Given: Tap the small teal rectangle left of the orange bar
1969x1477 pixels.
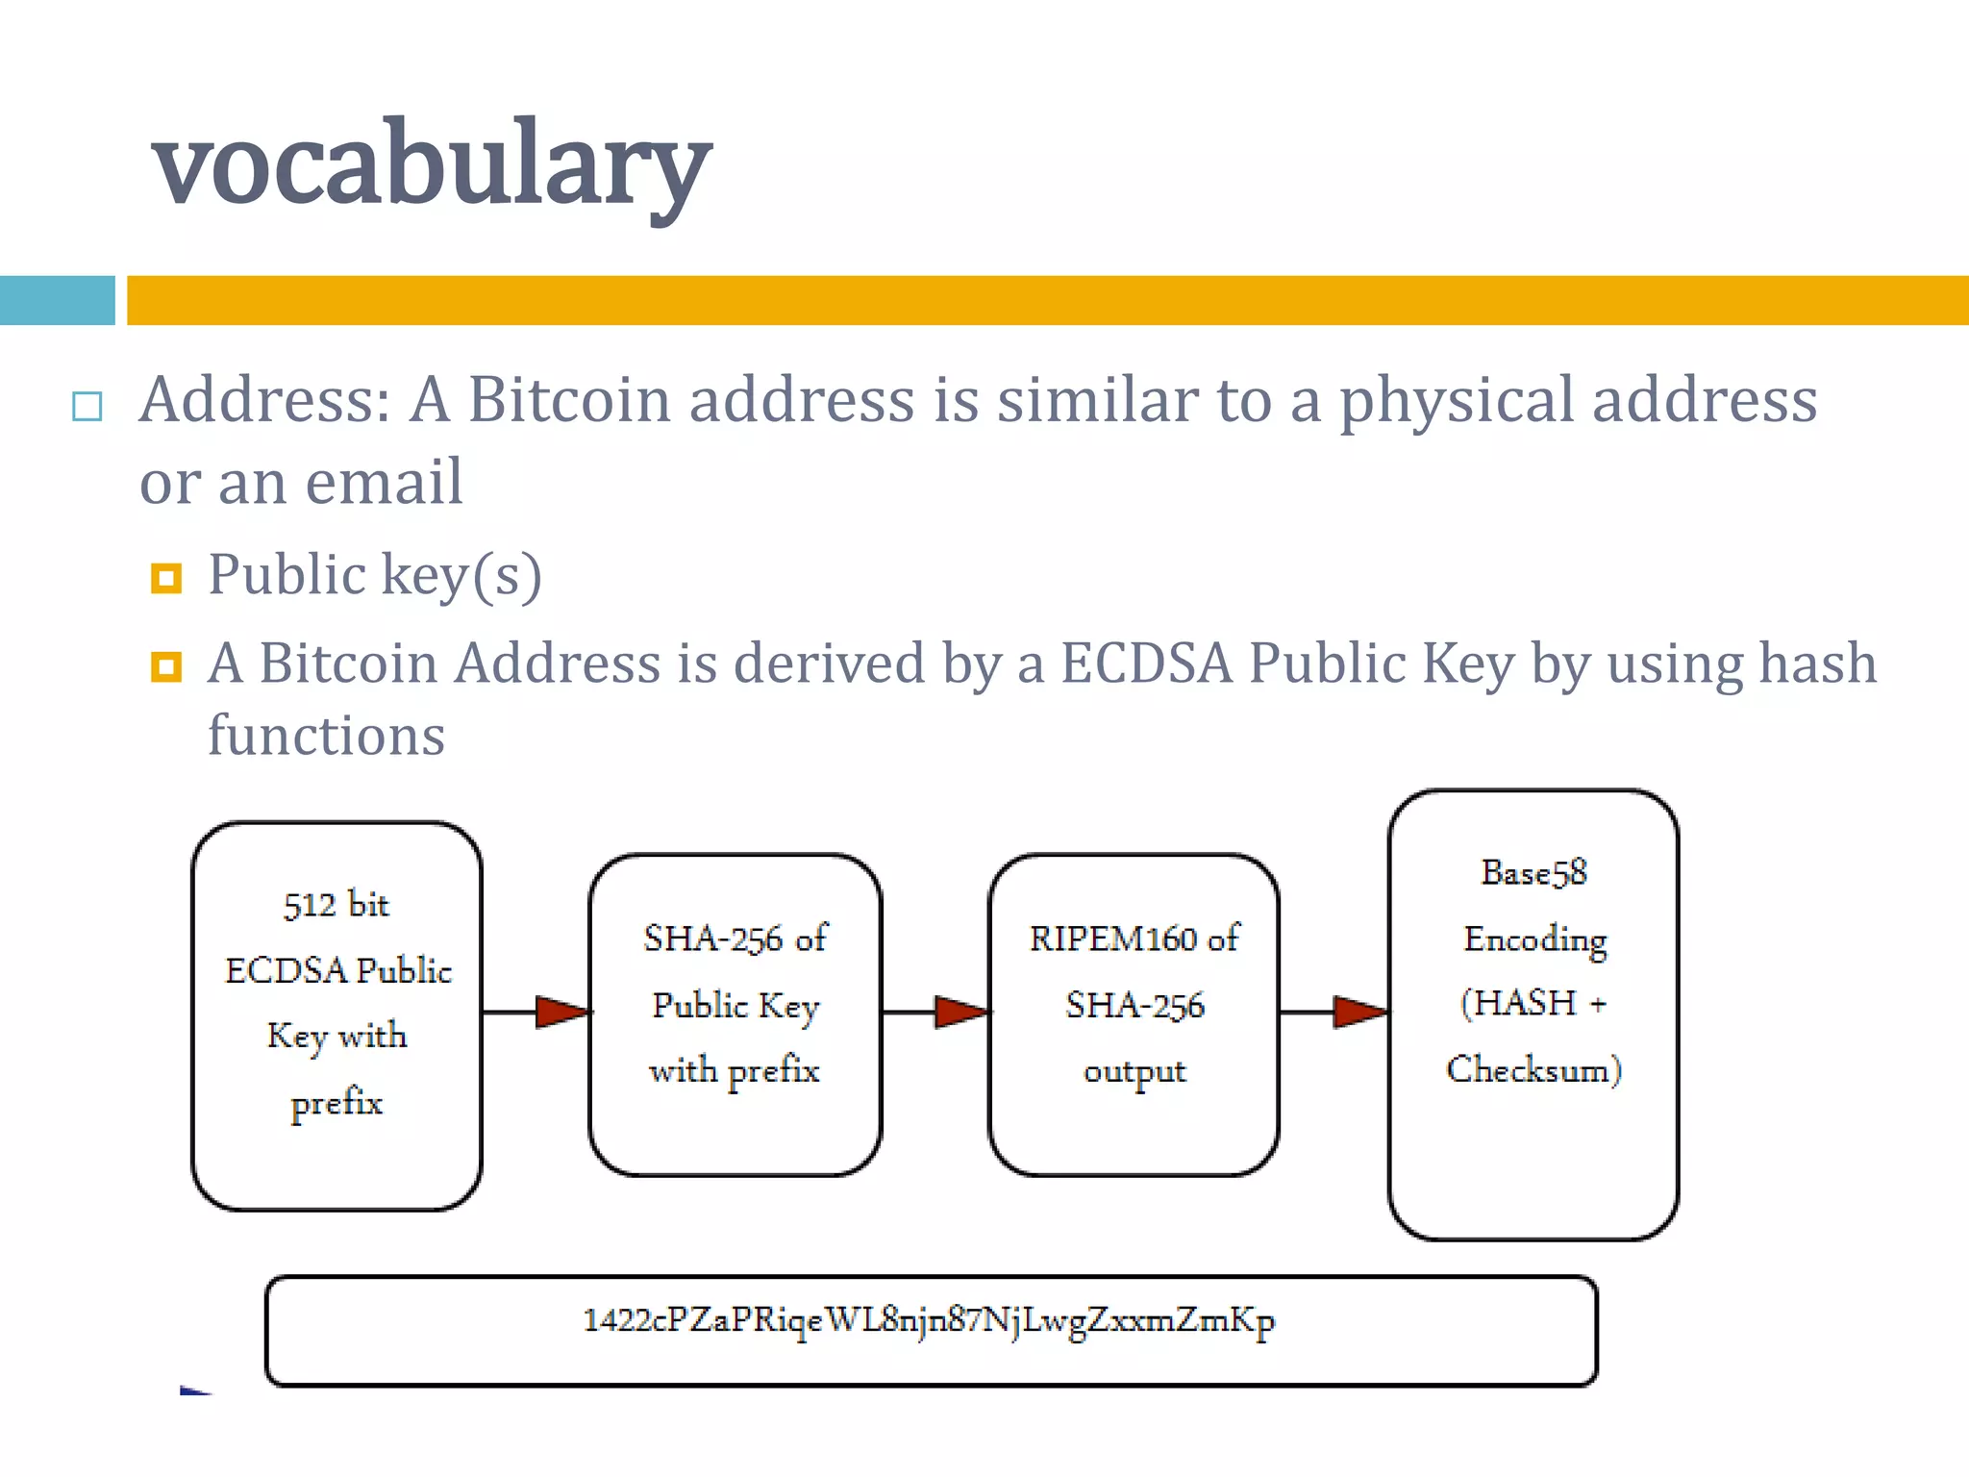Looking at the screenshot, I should click(x=57, y=300).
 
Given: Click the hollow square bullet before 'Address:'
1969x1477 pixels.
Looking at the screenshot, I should click(x=87, y=407).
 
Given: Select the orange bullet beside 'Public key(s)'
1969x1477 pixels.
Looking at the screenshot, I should click(x=166, y=579).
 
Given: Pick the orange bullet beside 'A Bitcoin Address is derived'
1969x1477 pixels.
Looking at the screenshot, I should click(x=166, y=666).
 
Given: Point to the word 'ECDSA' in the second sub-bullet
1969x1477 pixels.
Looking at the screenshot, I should click(x=1146, y=663).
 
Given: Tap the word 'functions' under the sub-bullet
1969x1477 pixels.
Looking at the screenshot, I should click(x=326, y=737).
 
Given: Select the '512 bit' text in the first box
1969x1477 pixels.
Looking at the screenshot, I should click(x=336, y=905).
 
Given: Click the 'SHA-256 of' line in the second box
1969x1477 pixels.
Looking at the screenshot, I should click(x=735, y=939).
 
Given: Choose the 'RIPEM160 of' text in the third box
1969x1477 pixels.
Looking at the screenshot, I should click(x=1134, y=939).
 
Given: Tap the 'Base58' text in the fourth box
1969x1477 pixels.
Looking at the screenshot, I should click(x=1533, y=873).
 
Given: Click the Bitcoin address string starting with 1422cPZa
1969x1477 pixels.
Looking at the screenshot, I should click(x=929, y=1321).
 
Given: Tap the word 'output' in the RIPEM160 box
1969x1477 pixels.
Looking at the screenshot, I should click(x=1134, y=1071).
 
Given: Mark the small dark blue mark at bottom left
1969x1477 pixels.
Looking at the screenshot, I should click(x=195, y=1390).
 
